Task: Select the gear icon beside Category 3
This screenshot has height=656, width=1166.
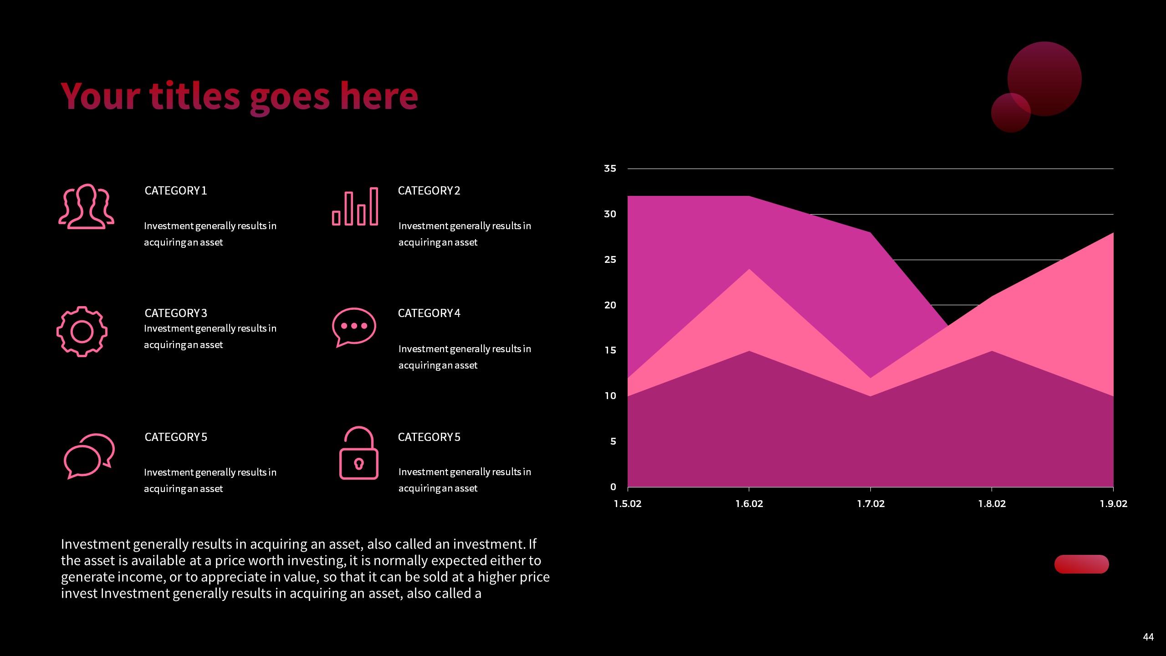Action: tap(82, 331)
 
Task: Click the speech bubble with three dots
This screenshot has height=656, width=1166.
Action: tap(354, 327)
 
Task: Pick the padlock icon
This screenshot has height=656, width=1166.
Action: tap(358, 453)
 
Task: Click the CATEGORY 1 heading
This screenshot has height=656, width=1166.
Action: tap(176, 190)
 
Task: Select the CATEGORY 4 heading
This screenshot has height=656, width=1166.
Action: tap(429, 313)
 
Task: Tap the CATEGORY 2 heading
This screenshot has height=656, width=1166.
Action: tap(429, 190)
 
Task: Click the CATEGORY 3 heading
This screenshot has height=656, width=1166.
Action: tap(176, 313)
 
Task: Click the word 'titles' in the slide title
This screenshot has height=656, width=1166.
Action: tap(194, 97)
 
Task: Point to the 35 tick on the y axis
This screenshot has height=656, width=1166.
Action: tap(610, 169)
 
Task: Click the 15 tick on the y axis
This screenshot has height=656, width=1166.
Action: tap(610, 350)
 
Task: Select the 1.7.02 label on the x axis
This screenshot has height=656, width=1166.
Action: tap(870, 504)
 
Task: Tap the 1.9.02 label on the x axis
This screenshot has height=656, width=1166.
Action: tap(1113, 504)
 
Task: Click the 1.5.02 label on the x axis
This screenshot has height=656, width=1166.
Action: tap(628, 504)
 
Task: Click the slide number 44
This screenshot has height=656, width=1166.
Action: tap(1148, 637)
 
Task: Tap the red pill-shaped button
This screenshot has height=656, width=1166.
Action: tap(1081, 564)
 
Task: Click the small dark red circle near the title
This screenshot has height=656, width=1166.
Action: tap(1010, 113)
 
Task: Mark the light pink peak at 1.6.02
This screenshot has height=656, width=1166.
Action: tap(749, 272)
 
